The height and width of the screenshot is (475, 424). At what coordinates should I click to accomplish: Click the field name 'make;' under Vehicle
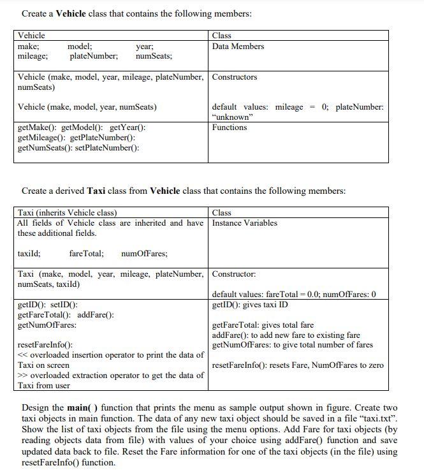(x=27, y=47)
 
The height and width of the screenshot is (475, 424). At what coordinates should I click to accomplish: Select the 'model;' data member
(x=80, y=47)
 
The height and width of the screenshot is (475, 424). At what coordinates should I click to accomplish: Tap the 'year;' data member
(x=145, y=47)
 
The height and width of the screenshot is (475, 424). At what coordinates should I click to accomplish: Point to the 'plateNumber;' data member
(x=93, y=57)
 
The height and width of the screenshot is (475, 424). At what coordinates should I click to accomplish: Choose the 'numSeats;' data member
(x=154, y=57)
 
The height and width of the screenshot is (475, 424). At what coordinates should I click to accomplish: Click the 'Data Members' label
(x=238, y=47)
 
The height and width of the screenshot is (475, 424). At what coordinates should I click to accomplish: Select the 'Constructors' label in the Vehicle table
(x=235, y=77)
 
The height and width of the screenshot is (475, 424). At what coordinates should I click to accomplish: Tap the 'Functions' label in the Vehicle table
(x=230, y=128)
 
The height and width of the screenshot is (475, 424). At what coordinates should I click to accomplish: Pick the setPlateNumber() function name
(x=110, y=148)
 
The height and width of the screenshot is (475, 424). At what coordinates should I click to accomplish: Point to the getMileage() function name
(x=42, y=138)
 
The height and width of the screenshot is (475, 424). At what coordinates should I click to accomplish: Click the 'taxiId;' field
(x=29, y=254)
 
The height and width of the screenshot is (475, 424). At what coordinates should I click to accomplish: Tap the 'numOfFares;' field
(x=144, y=254)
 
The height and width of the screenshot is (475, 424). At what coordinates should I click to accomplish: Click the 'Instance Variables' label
(x=245, y=223)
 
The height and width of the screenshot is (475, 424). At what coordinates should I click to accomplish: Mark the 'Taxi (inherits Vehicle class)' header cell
(x=68, y=213)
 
